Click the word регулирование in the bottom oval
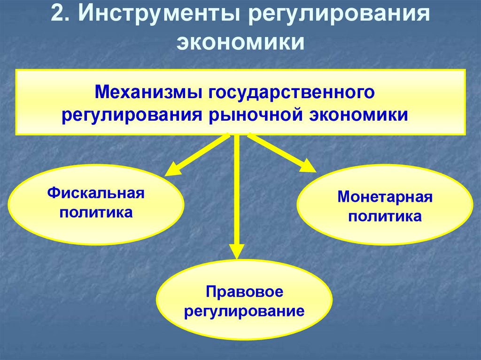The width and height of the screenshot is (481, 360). pyautogui.click(x=244, y=311)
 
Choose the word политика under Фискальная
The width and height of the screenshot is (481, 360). pyautogui.click(x=95, y=212)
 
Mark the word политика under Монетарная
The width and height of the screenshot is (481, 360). pyautogui.click(x=385, y=216)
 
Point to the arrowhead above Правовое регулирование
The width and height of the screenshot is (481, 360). pyautogui.click(x=236, y=251)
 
